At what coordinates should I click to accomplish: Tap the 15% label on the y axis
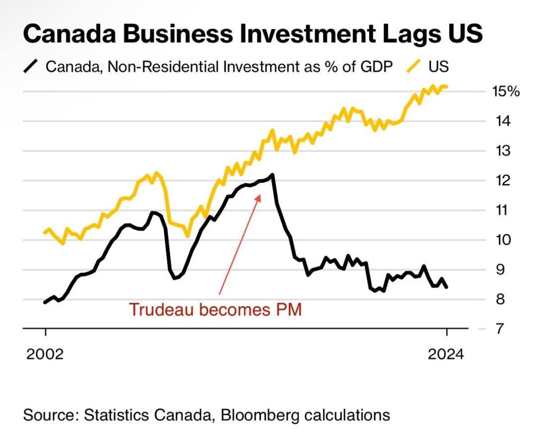click(506, 91)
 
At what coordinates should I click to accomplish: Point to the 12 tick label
click(503, 180)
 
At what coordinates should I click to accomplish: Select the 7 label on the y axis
click(499, 328)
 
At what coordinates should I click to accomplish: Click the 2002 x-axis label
click(45, 354)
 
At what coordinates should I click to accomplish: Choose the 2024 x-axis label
click(446, 354)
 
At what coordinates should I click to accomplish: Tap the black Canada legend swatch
click(30, 66)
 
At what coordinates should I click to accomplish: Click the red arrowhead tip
click(260, 194)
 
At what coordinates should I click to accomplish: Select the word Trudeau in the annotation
click(161, 309)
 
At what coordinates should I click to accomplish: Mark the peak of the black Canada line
click(272, 174)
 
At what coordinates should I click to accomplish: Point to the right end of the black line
click(447, 287)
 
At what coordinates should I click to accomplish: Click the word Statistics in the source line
click(117, 415)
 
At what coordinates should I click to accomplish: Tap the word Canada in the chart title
click(69, 34)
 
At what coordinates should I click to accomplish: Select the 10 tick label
click(503, 240)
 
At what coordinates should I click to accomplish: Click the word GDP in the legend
click(376, 66)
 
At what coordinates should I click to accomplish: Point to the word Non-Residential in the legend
click(164, 66)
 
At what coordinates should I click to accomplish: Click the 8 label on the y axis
click(500, 299)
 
